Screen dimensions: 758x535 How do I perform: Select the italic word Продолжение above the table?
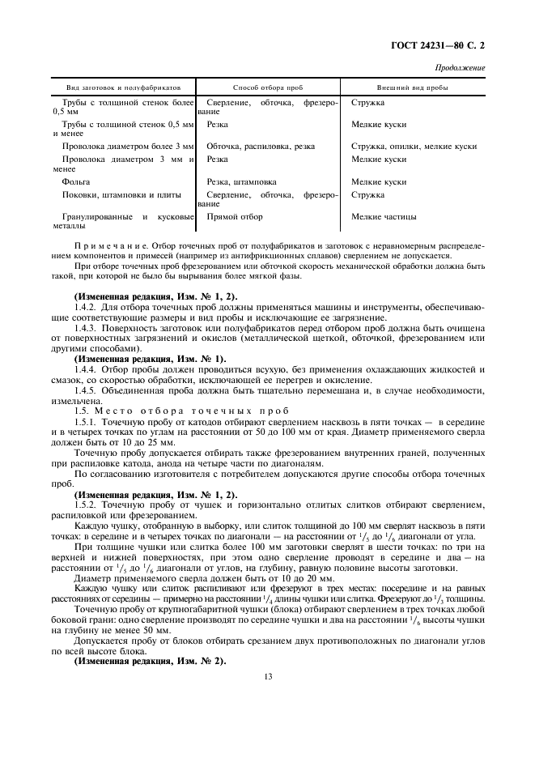(x=461, y=68)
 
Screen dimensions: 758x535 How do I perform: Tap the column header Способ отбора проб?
(x=267, y=86)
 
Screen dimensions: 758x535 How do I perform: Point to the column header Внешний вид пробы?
(x=413, y=86)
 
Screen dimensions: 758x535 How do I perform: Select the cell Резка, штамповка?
(x=241, y=182)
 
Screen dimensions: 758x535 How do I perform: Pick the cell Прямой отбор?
(x=235, y=217)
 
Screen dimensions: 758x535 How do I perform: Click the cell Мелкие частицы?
(x=384, y=217)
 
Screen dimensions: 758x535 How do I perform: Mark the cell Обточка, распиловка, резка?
(x=261, y=147)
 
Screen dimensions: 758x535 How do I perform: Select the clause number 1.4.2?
(x=86, y=307)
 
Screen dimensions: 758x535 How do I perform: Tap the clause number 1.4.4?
(x=86, y=368)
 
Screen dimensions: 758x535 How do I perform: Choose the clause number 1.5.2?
(x=86, y=505)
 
